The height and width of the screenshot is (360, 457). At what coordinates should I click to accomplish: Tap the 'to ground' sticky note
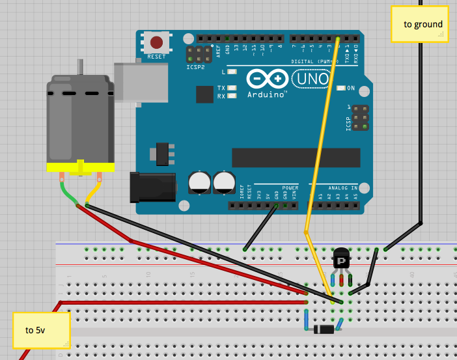coord(419,24)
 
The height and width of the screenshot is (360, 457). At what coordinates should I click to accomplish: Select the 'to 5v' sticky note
coord(40,330)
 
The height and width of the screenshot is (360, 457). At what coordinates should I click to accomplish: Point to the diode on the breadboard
coord(325,329)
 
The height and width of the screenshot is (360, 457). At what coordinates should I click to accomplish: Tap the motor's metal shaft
coord(81,67)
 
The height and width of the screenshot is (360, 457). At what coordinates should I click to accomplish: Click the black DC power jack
coord(154,186)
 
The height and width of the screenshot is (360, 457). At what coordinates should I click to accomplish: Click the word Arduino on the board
coord(267,94)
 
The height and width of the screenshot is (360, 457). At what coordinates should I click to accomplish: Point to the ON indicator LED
coord(342,88)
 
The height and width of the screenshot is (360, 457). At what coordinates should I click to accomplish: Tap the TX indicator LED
coord(232,88)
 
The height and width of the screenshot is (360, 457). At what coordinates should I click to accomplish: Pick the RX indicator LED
coord(232,96)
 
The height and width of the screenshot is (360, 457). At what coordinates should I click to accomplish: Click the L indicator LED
coord(232,71)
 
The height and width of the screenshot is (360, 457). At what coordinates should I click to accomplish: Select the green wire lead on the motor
coord(69,192)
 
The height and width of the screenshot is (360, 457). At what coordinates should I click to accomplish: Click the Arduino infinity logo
coord(267,79)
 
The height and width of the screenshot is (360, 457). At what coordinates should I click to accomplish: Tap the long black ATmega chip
coord(296,157)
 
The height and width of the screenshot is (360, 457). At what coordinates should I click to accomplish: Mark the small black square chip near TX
coord(204,95)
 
